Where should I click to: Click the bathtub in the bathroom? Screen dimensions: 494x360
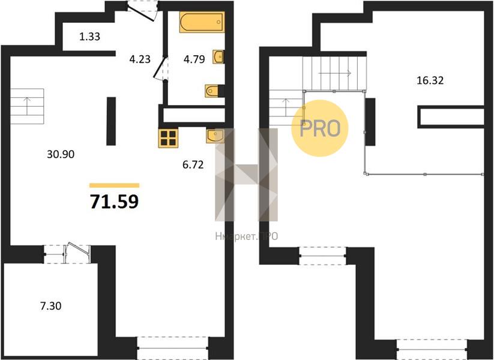pyautogui.click(x=202, y=22)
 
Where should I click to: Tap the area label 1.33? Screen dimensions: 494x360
pyautogui.click(x=90, y=37)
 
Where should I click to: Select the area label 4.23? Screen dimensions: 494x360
pyautogui.click(x=140, y=59)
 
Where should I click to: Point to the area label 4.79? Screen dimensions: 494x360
pyautogui.click(x=194, y=59)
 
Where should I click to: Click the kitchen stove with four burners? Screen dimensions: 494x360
pyautogui.click(x=168, y=138)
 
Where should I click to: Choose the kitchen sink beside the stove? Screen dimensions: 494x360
pyautogui.click(x=215, y=136)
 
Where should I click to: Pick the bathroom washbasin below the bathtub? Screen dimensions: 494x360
pyautogui.click(x=218, y=56)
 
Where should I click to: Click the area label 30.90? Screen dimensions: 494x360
pyautogui.click(x=61, y=154)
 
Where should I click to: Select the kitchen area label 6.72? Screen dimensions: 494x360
pyautogui.click(x=193, y=164)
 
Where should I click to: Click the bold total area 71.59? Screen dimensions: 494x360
pyautogui.click(x=115, y=202)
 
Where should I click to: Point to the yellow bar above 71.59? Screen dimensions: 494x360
pyautogui.click(x=115, y=185)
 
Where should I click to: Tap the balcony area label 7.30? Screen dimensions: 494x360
pyautogui.click(x=51, y=306)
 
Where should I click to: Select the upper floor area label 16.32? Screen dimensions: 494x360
pyautogui.click(x=430, y=80)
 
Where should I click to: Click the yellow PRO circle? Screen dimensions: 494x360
pyautogui.click(x=320, y=128)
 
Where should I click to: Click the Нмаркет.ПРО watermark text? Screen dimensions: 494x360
pyautogui.click(x=247, y=236)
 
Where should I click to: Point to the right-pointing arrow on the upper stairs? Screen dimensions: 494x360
pyautogui.click(x=334, y=73)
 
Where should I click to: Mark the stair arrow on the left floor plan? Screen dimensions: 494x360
pyautogui.click(x=27, y=106)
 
